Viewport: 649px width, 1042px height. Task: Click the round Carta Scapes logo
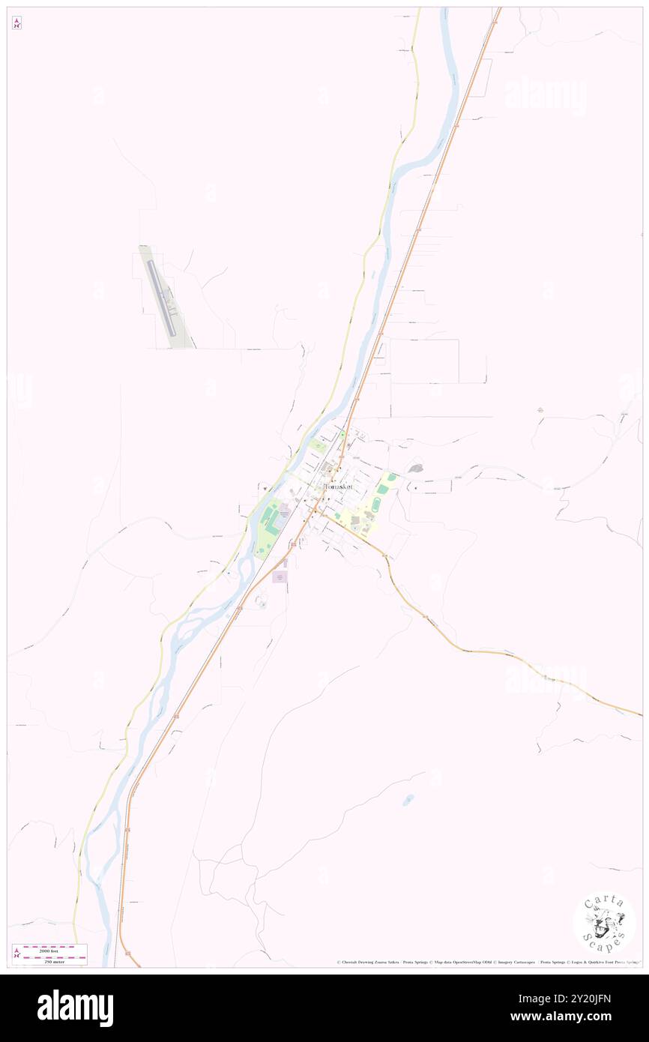coord(604,923)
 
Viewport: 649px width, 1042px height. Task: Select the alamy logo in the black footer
coord(75,1008)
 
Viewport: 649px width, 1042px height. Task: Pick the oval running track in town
coord(383,490)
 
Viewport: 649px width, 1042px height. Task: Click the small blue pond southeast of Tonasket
coord(407,800)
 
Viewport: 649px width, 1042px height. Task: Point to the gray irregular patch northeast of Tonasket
coord(415,469)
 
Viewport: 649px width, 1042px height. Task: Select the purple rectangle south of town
coord(280,577)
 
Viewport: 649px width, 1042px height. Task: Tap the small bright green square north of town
coord(343,435)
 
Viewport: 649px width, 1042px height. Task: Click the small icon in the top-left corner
coord(16,23)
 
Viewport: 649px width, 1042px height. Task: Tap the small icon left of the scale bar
coord(16,954)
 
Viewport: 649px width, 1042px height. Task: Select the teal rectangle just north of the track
coord(390,477)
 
